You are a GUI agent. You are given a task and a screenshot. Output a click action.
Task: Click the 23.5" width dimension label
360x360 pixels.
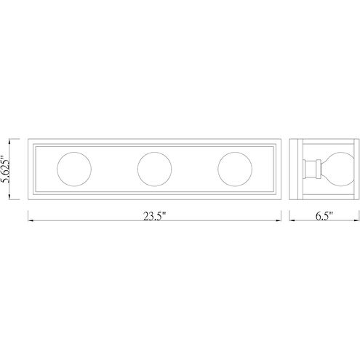[x=154, y=216]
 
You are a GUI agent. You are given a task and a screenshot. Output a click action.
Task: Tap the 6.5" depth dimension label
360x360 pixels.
[x=324, y=216]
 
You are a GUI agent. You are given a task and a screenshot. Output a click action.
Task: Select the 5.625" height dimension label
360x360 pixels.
[x=6, y=169]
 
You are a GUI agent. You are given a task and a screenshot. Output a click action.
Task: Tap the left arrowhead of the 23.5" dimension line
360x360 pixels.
[x=31, y=220]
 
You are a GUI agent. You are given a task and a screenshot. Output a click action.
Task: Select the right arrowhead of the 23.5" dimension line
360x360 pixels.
[x=279, y=220]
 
